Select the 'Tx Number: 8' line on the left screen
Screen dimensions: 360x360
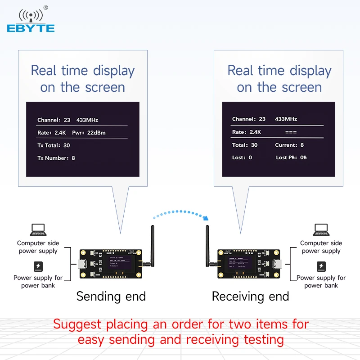56,158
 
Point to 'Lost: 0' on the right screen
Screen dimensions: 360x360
242,157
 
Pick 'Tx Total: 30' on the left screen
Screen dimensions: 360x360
54,145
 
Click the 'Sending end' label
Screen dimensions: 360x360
111,296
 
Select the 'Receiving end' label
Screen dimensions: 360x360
250,296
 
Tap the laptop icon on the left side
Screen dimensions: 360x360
38,230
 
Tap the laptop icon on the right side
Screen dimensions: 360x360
321,230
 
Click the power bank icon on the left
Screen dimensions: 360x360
38,266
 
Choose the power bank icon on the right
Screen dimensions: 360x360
321,266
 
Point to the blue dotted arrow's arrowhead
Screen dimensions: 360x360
207,218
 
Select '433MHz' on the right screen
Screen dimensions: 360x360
286,119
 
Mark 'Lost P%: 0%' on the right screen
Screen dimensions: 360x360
291,157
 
